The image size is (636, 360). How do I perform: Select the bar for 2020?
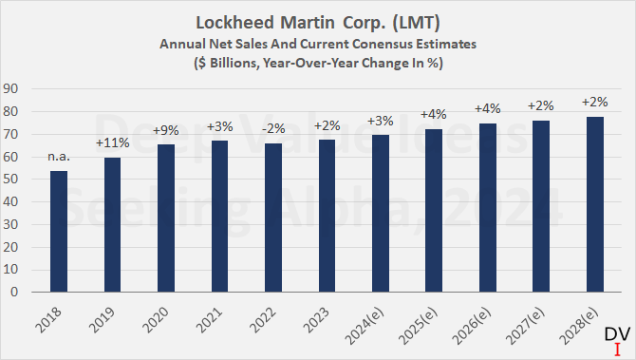[x=166, y=218]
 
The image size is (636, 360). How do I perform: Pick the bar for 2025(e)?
[x=434, y=210]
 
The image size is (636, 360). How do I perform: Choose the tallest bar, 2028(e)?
[x=594, y=204]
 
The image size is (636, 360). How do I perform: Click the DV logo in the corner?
[x=616, y=339]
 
